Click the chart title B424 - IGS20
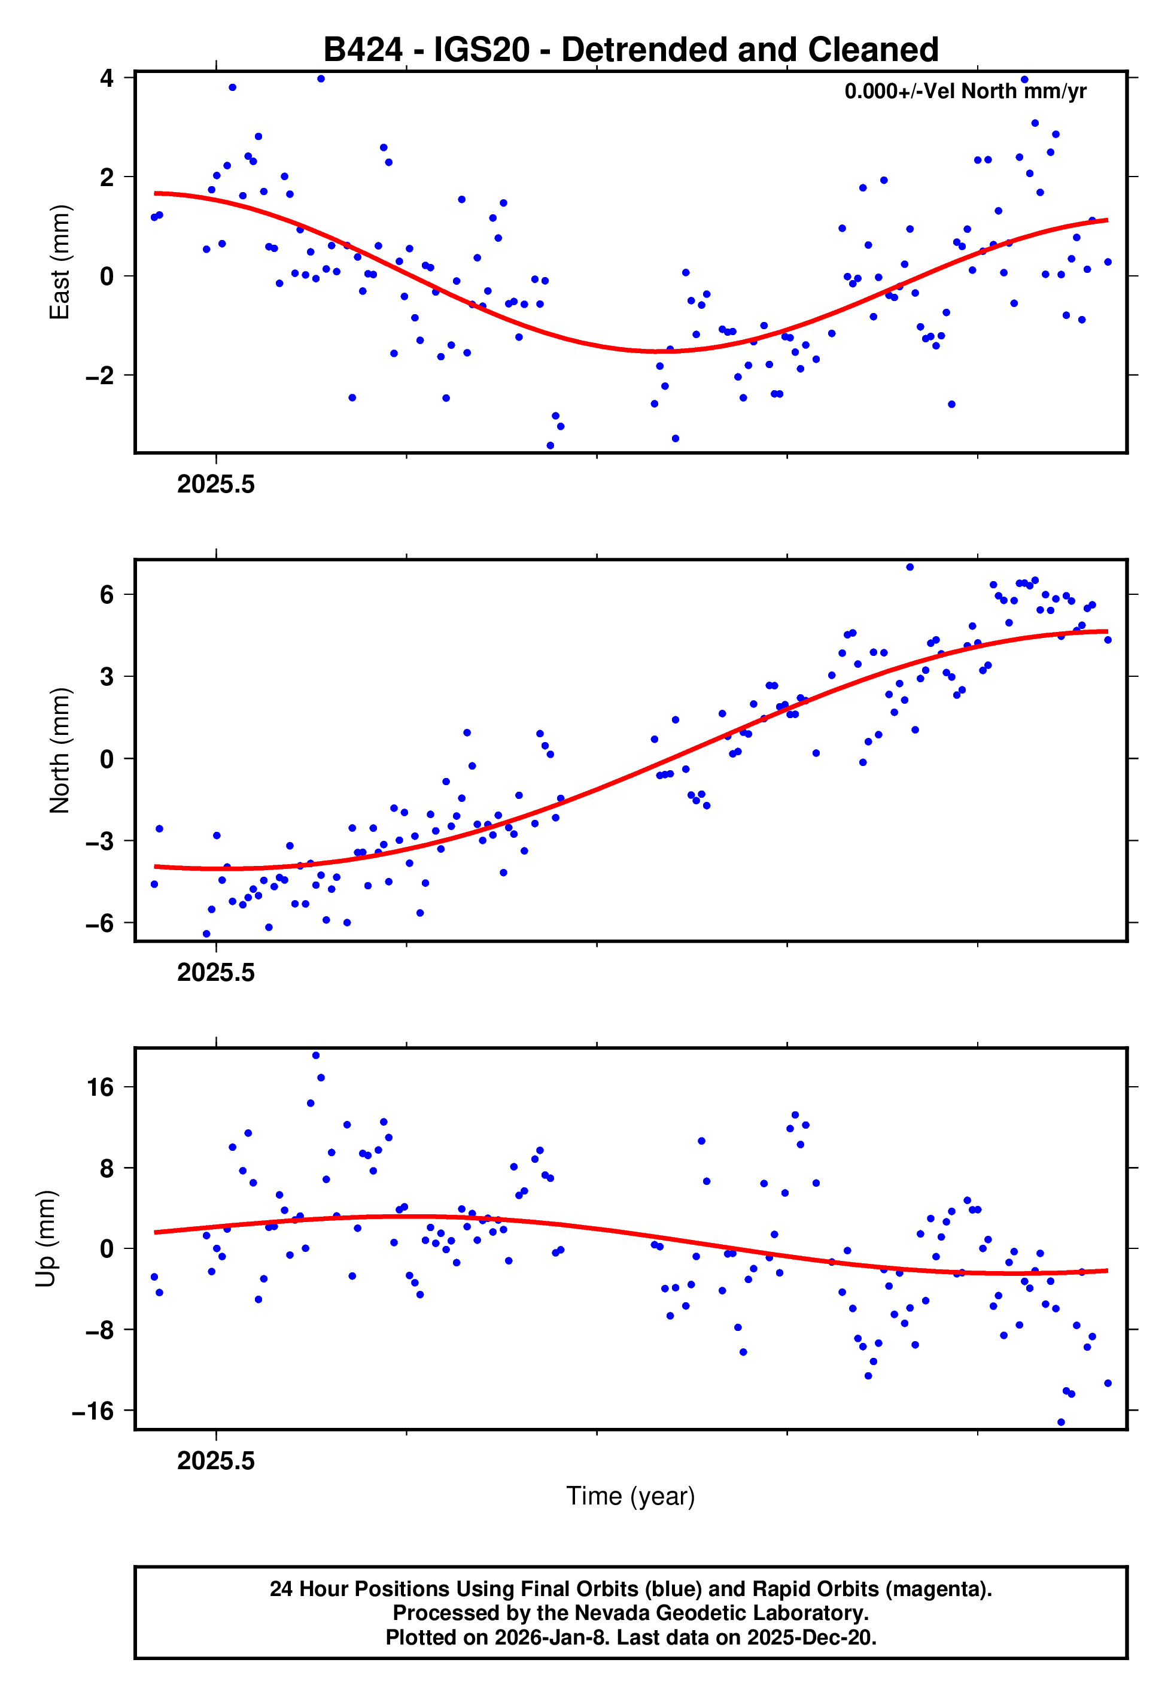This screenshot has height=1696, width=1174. click(631, 50)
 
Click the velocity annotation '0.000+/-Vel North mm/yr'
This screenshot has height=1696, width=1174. click(965, 91)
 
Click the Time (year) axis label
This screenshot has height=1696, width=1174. click(631, 1496)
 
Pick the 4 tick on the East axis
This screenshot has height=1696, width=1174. click(107, 78)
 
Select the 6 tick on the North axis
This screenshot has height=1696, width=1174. click(107, 594)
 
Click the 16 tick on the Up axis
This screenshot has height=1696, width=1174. click(101, 1087)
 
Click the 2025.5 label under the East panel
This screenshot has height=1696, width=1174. click(215, 485)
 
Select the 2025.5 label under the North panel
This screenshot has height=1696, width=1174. click(215, 973)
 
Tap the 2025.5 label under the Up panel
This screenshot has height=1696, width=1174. click(215, 1461)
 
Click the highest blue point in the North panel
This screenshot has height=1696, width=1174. click(910, 567)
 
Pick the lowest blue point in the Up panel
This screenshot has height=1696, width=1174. click(1061, 1423)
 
